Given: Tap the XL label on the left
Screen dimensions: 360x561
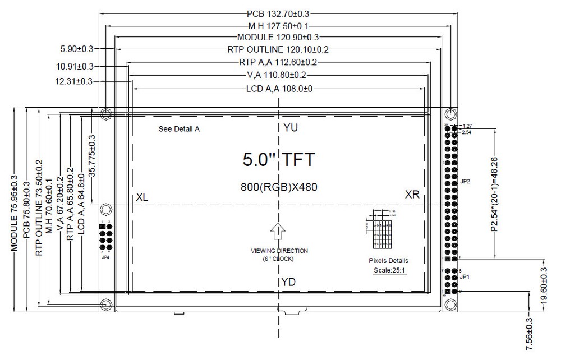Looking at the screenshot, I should (x=142, y=197).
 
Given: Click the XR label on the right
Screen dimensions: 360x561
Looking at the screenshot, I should (x=413, y=194).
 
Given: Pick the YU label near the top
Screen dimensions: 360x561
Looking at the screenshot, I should (x=291, y=128).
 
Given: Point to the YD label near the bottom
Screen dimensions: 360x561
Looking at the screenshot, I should (x=288, y=281).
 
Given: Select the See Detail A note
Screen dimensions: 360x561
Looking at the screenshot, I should (x=180, y=129).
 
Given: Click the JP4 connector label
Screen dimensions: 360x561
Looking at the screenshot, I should (x=106, y=257).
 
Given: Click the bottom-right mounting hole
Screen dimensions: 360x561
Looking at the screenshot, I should (x=450, y=304).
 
